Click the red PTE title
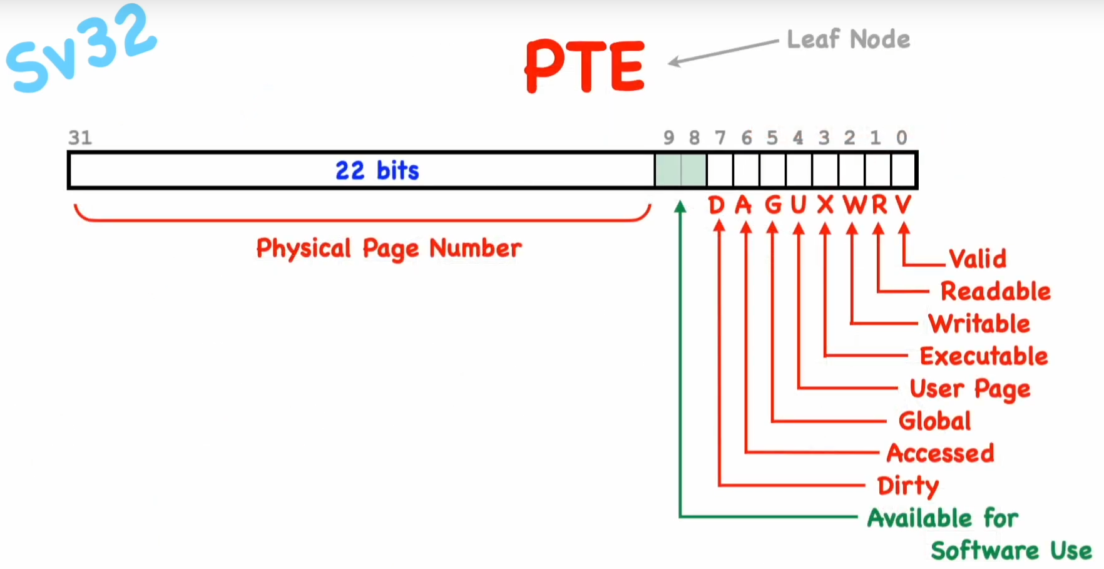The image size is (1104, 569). pyautogui.click(x=585, y=66)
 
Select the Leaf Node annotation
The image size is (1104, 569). pyautogui.click(x=848, y=39)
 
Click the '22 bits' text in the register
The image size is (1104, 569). pyautogui.click(x=377, y=170)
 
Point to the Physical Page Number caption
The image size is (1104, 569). pyautogui.click(x=389, y=249)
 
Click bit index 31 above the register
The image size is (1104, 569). pyautogui.click(x=80, y=138)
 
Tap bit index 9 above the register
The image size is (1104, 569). pyautogui.click(x=668, y=138)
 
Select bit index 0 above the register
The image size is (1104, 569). pyautogui.click(x=901, y=138)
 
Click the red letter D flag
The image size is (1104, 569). pyautogui.click(x=716, y=205)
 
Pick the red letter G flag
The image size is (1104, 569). pyautogui.click(x=773, y=205)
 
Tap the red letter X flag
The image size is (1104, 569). pyautogui.click(x=825, y=205)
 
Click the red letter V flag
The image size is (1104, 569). pyautogui.click(x=903, y=205)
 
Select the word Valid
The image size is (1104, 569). pyautogui.click(x=978, y=259)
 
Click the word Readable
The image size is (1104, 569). pyautogui.click(x=995, y=291)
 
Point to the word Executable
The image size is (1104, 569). pyautogui.click(x=984, y=356)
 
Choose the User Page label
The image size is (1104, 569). pyautogui.click(x=969, y=389)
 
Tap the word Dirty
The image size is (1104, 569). pyautogui.click(x=907, y=486)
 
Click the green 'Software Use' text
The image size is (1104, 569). pyautogui.click(x=1011, y=551)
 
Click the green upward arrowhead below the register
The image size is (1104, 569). pyautogui.click(x=680, y=207)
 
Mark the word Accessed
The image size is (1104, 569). pyautogui.click(x=940, y=453)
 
